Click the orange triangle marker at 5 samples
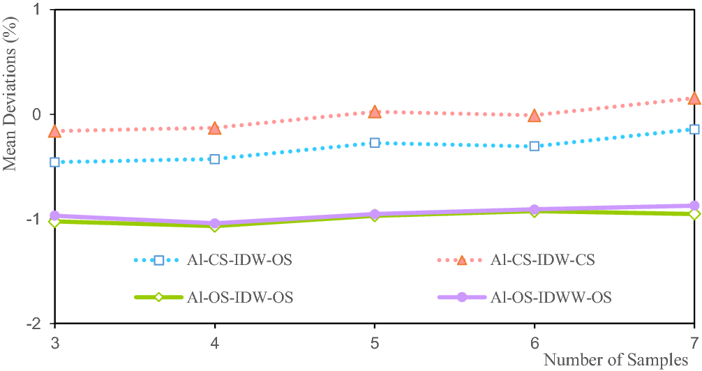coord(375,112)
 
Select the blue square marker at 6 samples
coord(535,146)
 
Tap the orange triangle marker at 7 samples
coord(694,98)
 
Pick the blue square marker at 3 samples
coord(55,162)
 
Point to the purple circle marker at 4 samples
coord(215,224)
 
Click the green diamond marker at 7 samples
coord(694,214)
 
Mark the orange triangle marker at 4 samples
coord(215,128)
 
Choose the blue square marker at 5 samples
coord(375,143)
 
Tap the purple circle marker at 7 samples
coord(694,206)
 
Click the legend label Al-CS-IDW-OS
coord(239,260)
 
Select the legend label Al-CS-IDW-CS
coord(543,260)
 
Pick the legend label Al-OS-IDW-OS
coord(239,297)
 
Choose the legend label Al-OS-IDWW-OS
coord(551,297)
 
